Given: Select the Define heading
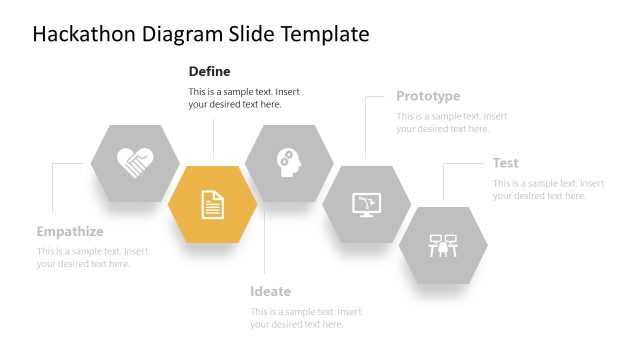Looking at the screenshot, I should point(210,71).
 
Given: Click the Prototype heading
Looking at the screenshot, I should point(428,96).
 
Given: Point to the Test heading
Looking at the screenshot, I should point(505,163).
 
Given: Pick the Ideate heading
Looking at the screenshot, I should point(270,291).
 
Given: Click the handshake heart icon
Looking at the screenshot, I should point(135,162).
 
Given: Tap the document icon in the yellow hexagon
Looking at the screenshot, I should point(212,204).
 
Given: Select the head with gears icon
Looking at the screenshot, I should point(288,161).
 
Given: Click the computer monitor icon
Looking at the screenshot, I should point(366,204).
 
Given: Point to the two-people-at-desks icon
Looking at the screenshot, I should point(443,245).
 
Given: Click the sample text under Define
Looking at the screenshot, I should point(244,98).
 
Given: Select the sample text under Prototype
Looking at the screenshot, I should point(452,122).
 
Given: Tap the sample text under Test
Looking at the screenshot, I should point(548,189).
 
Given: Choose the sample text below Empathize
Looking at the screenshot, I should point(93,257).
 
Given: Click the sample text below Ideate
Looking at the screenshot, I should point(306,317).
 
